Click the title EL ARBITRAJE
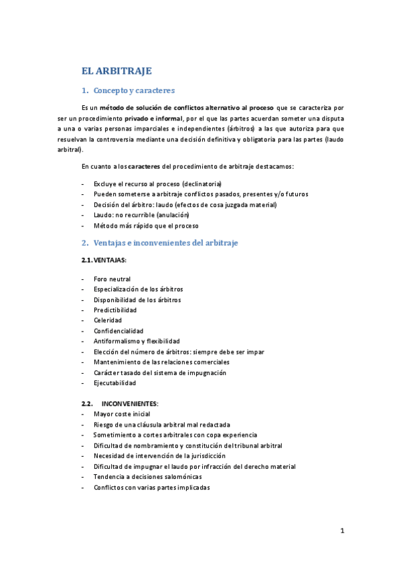(116, 70)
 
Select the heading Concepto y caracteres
(134, 90)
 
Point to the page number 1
(342, 531)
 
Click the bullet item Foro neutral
(112, 279)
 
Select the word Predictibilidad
(115, 310)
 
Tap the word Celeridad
(108, 321)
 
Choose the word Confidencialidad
(118, 331)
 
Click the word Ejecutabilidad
(114, 383)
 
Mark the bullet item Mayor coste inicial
(122, 414)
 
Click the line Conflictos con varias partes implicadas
(151, 488)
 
